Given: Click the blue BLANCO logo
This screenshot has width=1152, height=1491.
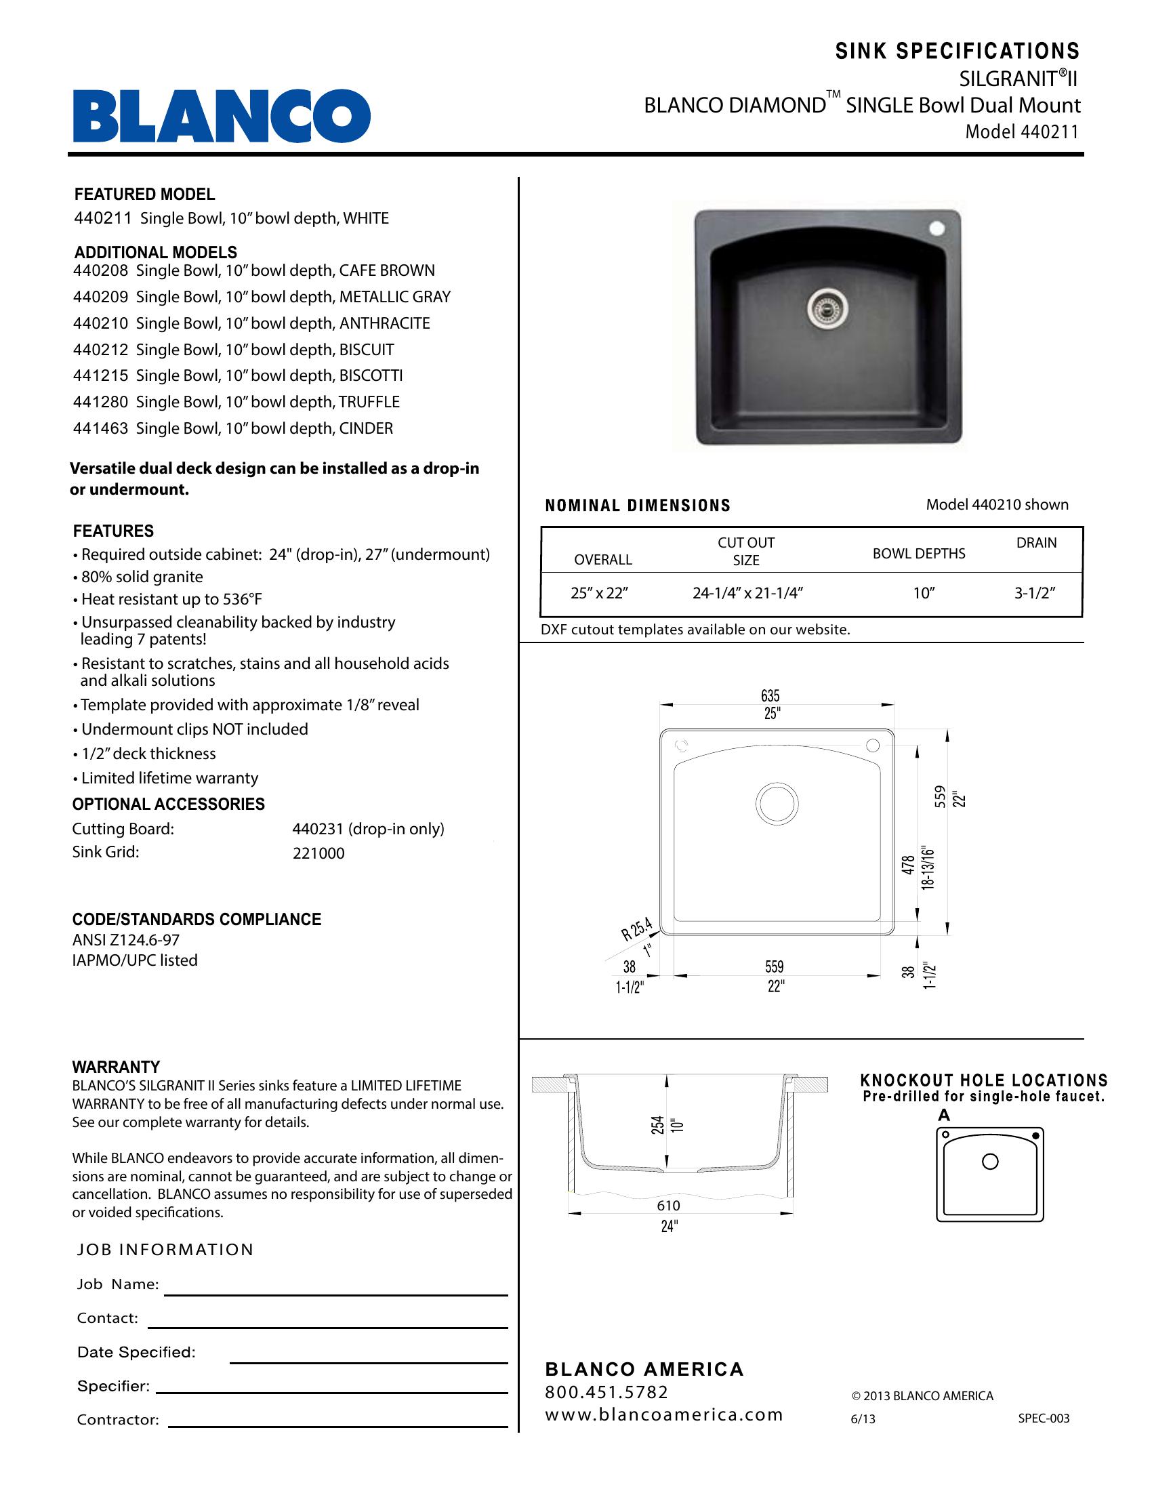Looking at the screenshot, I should tap(222, 115).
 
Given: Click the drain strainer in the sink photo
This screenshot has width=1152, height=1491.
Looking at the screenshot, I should tap(829, 307).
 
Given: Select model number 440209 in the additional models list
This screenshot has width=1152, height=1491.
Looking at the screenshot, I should tap(100, 297).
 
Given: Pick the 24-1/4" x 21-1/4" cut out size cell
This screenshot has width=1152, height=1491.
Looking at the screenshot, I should tap(747, 593).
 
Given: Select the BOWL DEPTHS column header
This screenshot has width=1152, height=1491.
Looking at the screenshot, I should tap(919, 554).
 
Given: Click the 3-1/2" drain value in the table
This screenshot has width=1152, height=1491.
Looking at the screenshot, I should tap(1035, 593).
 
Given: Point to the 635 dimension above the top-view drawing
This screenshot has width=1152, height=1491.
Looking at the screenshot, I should tap(770, 695).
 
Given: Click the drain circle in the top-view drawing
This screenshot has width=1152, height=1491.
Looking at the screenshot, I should tap(777, 803).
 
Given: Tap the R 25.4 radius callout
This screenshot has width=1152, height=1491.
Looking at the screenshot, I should tap(637, 930).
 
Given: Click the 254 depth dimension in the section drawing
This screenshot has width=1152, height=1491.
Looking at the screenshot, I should tap(657, 1125).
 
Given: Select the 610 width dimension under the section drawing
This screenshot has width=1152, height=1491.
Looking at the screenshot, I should tap(668, 1206).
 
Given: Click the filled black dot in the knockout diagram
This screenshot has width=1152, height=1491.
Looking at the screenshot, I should tap(1036, 1136).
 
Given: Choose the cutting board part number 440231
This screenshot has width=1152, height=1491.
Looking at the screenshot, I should tap(319, 829).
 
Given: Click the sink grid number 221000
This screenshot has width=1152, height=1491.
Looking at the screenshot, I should tap(318, 853).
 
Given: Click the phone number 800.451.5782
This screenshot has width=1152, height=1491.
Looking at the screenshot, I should tap(606, 1392).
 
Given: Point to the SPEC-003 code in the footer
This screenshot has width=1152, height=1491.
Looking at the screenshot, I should tap(1044, 1418).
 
